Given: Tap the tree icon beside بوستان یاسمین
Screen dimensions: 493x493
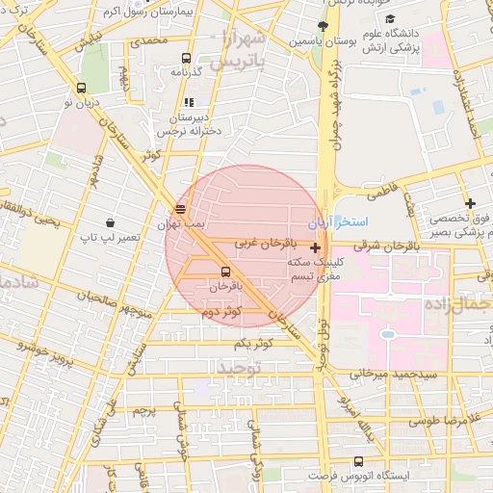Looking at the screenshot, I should click(x=324, y=26).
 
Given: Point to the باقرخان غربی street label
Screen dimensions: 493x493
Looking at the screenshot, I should click(x=259, y=244).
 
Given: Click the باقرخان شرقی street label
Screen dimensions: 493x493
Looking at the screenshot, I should click(x=379, y=246).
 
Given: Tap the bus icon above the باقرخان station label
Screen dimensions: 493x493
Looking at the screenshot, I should click(x=225, y=272).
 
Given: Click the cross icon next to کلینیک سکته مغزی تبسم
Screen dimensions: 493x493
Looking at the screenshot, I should click(x=315, y=247).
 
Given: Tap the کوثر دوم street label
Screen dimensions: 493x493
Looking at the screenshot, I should click(x=217, y=312).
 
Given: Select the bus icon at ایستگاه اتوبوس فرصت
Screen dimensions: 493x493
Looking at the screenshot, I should click(x=359, y=462).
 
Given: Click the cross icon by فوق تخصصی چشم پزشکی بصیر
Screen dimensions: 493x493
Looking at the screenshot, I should click(x=470, y=203).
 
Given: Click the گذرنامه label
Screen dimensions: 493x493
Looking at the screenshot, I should click(x=183, y=72).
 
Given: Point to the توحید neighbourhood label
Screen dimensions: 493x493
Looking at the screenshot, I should click(x=240, y=368).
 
